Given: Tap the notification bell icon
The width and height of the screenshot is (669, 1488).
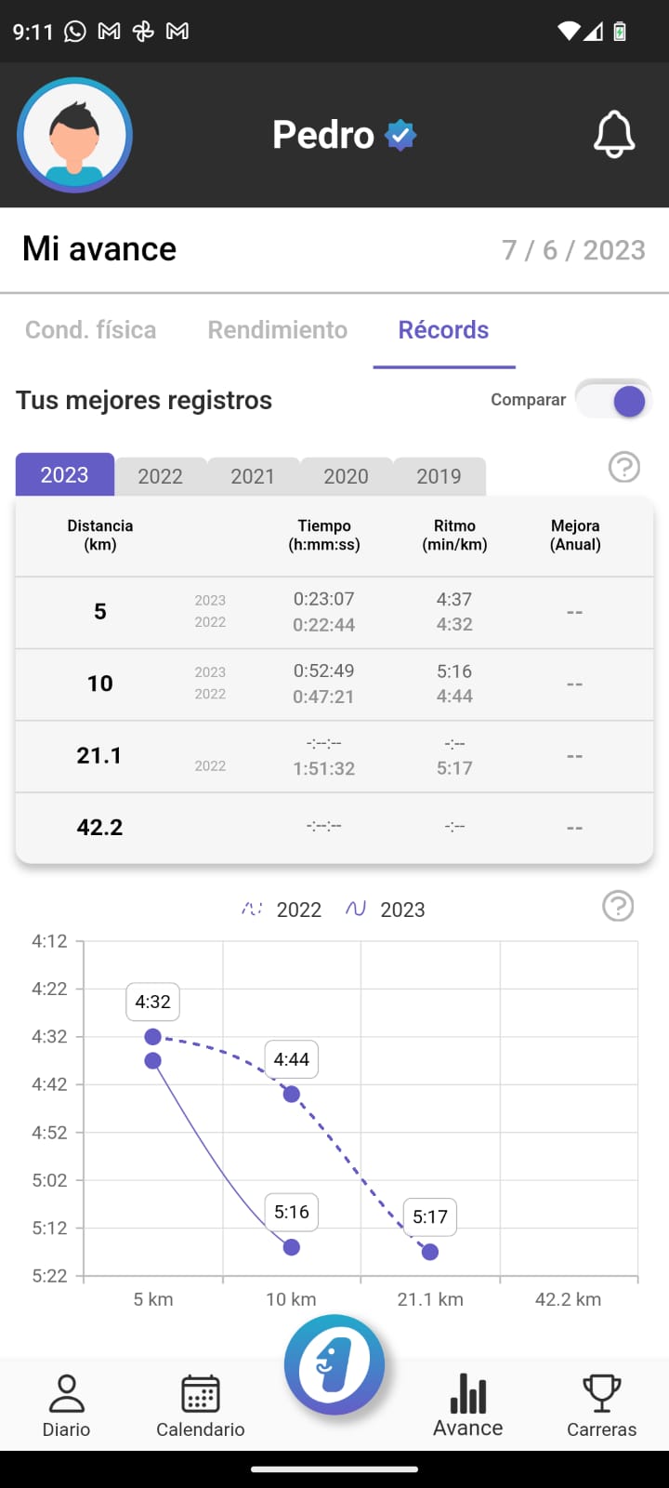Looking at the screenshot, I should [x=614, y=135].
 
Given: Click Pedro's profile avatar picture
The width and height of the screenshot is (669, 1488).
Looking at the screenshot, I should [x=74, y=135].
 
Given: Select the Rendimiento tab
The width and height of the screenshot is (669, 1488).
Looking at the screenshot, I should [x=277, y=330].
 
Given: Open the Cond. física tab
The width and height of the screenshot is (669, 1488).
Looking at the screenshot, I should [x=90, y=330].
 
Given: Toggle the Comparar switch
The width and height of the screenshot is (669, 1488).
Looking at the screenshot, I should [x=614, y=401].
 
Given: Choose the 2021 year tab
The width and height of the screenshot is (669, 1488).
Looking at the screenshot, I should [x=253, y=476].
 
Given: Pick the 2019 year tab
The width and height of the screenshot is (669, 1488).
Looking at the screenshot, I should [x=439, y=476].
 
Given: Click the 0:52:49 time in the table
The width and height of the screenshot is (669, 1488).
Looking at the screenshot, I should [x=323, y=671].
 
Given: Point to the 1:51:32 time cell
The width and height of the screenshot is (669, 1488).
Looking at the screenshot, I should [x=323, y=768].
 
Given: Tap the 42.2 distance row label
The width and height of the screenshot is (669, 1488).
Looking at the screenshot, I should [x=99, y=828].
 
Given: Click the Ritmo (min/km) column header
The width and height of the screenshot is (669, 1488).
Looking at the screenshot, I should [x=454, y=535].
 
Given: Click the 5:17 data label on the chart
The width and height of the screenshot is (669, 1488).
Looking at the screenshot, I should [x=430, y=1216].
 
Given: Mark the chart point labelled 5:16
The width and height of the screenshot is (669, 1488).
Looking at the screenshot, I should [x=292, y=1247].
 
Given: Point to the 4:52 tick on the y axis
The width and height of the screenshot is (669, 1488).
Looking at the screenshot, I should [x=50, y=1133].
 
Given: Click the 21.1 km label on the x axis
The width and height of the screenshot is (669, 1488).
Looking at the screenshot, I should [x=430, y=1299].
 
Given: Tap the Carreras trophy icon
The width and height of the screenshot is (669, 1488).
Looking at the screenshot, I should [x=601, y=1394].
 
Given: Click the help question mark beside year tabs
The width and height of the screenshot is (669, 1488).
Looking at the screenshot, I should [x=624, y=467].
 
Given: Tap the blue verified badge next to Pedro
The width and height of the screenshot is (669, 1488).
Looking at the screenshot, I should [x=400, y=136].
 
